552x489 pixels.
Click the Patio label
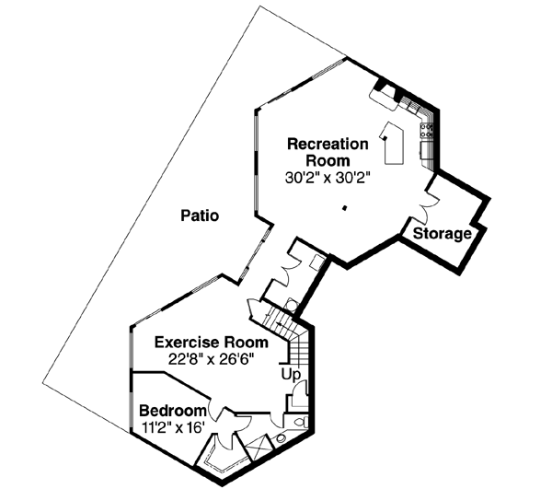tap(200, 217)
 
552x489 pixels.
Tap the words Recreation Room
tap(328, 152)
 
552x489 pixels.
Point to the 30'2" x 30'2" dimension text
tap(328, 178)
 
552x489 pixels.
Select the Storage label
tap(442, 234)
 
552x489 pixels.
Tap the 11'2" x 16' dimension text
tap(171, 426)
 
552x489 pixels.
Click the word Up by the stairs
tap(291, 375)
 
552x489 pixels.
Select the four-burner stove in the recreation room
tap(428, 134)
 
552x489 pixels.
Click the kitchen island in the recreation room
tap(395, 143)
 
